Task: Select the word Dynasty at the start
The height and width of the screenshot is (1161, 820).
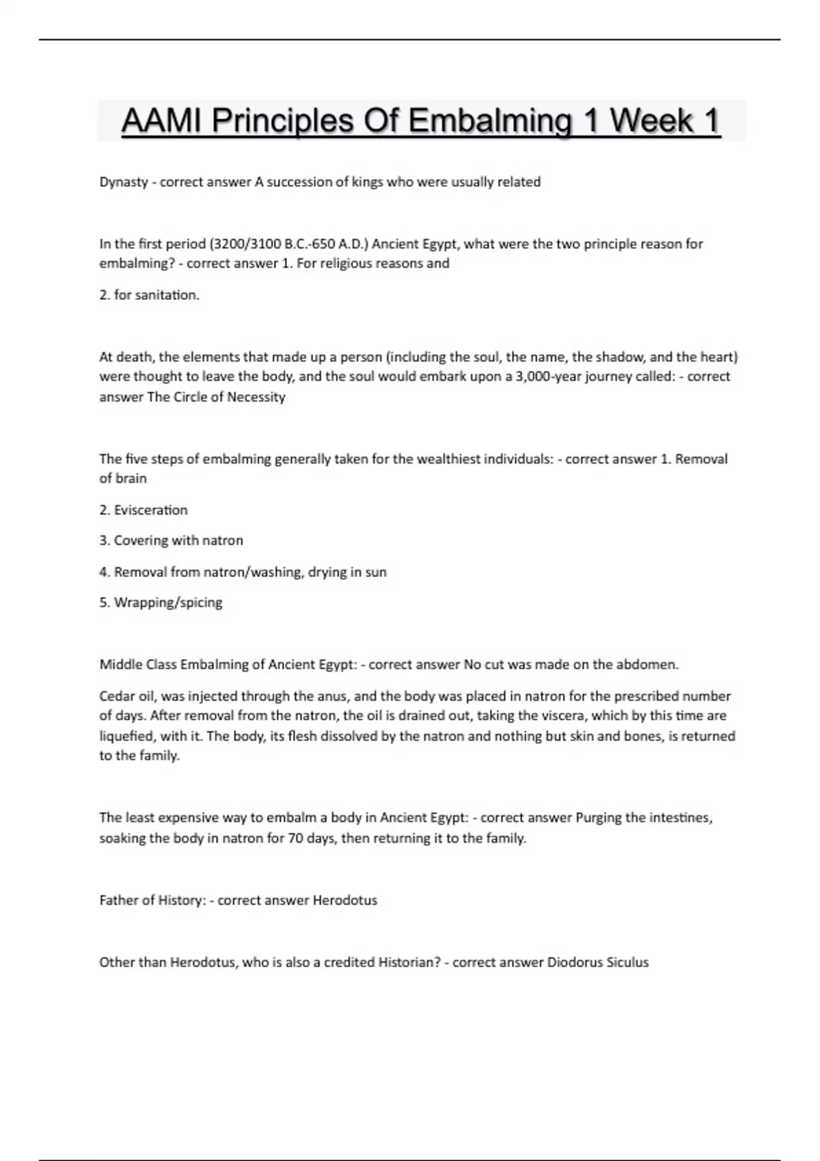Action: pyautogui.click(x=124, y=182)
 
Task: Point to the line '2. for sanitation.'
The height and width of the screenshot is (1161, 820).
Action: pyautogui.click(x=150, y=295)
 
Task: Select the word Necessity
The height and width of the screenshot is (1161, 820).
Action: pyautogui.click(x=256, y=397)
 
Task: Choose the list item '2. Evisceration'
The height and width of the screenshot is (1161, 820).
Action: pyautogui.click(x=143, y=510)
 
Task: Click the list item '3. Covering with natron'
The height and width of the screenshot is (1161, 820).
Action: pyautogui.click(x=171, y=540)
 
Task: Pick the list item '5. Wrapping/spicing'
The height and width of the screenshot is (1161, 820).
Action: pyautogui.click(x=161, y=602)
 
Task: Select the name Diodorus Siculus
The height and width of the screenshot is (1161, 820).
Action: pyautogui.click(x=598, y=962)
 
